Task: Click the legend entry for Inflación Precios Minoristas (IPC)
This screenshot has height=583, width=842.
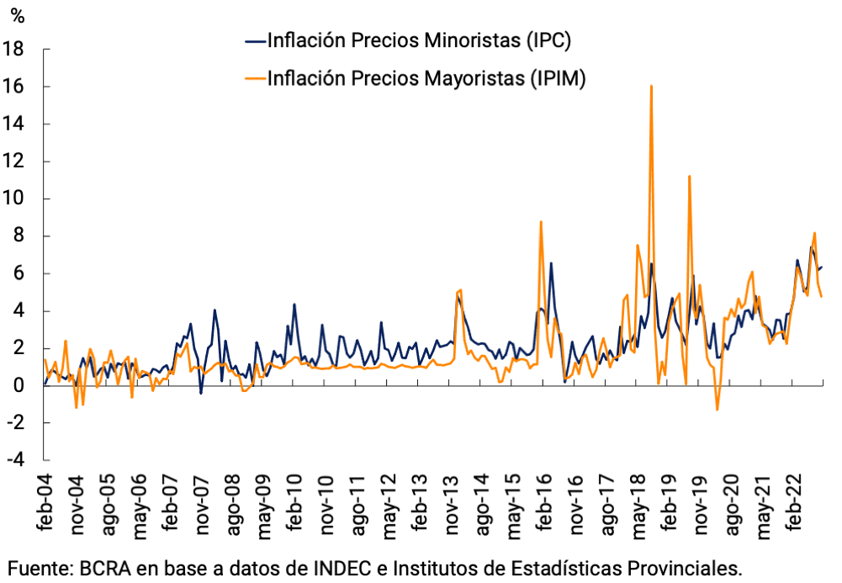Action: (419, 40)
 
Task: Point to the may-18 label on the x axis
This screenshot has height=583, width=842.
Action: (638, 506)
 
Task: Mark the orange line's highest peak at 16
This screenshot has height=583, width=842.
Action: (651, 86)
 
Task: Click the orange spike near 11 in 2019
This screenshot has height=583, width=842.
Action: (689, 177)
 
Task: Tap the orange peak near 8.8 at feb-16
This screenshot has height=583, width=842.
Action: (541, 222)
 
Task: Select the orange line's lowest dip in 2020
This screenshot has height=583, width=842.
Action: (718, 410)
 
